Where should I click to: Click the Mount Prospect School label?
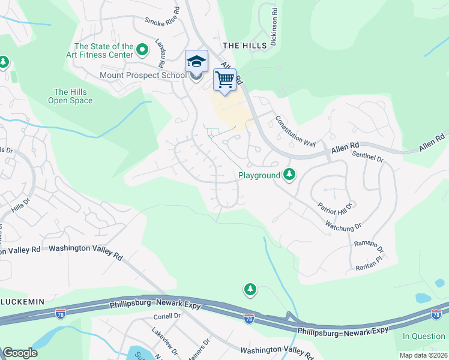coord(143,76)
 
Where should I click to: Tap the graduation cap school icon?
coord(196,61)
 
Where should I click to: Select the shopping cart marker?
coord(224,79)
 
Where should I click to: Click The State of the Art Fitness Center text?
coord(103,51)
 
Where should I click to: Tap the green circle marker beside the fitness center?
coord(142,49)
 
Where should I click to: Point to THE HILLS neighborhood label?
coord(244,46)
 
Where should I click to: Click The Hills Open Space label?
coord(70,97)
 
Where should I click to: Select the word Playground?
coord(259,175)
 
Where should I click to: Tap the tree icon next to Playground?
coord(290,175)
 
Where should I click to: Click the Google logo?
coord(20,353)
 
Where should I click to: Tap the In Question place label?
coord(423,336)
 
